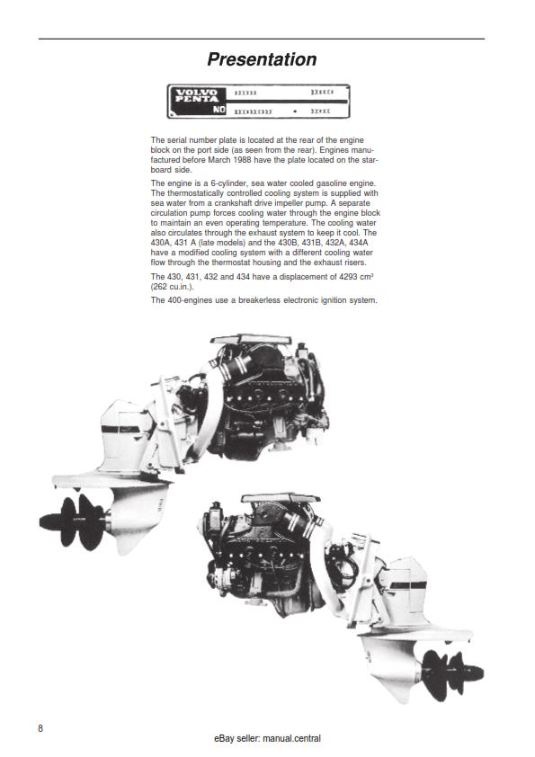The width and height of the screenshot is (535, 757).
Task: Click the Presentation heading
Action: coord(262,59)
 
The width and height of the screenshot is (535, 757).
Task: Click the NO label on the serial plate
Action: coord(219,111)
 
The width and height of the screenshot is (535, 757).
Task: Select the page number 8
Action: coord(40,727)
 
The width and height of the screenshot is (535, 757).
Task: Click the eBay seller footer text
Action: coord(267,739)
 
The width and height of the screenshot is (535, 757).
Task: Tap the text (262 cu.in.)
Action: coord(172,286)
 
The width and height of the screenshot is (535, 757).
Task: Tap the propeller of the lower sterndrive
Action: coord(450,667)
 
